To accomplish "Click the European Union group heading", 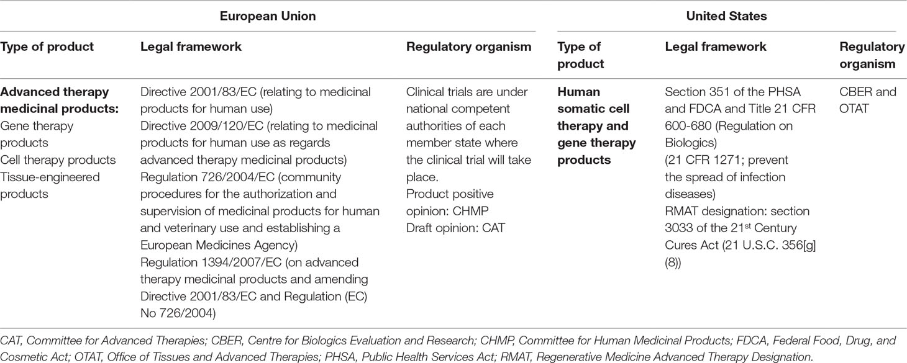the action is click(x=268, y=16).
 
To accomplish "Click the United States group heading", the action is click(x=726, y=16).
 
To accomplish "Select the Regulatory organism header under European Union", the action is click(x=468, y=47).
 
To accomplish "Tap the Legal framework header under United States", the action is click(x=716, y=47).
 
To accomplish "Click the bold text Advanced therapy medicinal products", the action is click(x=59, y=101).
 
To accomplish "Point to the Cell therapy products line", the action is click(x=58, y=159).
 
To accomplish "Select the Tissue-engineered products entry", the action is click(x=50, y=186).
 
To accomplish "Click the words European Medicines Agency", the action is click(x=219, y=245).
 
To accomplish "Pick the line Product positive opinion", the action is click(x=450, y=194).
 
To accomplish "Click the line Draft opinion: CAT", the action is click(x=455, y=228).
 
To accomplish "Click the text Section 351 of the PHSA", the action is click(x=732, y=92).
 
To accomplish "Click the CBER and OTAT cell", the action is click(x=868, y=101).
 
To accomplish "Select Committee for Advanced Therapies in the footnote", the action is click(x=116, y=341).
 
